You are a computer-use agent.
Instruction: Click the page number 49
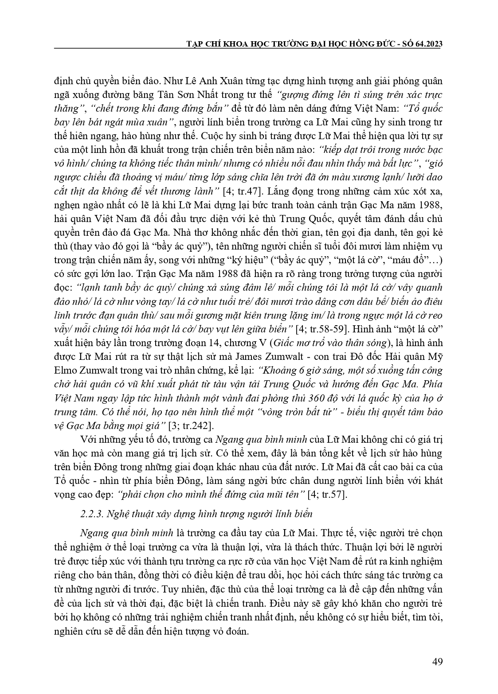tap(437, 662)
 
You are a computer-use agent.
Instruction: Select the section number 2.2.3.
tap(91, 514)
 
